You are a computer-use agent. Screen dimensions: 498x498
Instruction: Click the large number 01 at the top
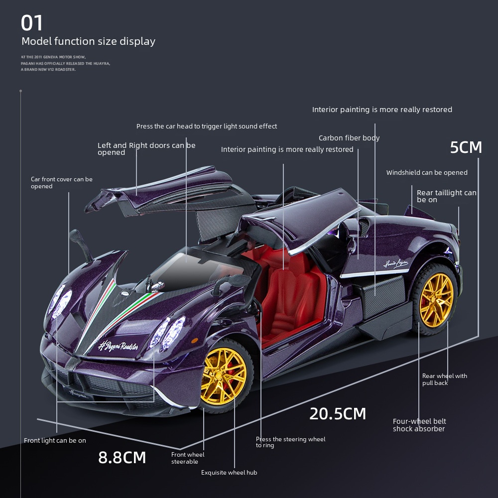(x=32, y=23)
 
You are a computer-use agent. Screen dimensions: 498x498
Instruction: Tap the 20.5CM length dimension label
(x=338, y=414)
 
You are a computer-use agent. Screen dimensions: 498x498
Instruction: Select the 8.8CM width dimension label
(x=122, y=457)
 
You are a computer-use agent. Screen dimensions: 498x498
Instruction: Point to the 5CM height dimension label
(x=466, y=147)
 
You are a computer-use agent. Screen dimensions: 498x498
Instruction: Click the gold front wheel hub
(x=224, y=376)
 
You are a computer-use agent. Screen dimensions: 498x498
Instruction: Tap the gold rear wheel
(x=436, y=300)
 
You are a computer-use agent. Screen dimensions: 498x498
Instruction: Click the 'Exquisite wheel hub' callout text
(x=229, y=473)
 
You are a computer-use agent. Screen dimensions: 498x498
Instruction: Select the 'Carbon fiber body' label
(x=349, y=138)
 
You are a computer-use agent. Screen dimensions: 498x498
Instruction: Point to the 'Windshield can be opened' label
(x=427, y=173)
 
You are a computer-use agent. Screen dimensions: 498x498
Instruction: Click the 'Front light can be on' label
(x=55, y=441)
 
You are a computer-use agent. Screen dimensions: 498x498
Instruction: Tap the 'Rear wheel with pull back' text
(x=445, y=379)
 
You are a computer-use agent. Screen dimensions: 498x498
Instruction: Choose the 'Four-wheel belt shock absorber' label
(x=419, y=425)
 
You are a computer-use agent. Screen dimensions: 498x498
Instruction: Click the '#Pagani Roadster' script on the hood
(x=118, y=346)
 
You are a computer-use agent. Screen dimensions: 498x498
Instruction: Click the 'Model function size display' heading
(x=88, y=41)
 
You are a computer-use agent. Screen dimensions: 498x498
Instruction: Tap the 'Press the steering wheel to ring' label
(x=291, y=442)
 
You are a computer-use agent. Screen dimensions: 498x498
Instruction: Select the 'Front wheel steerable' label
(x=188, y=458)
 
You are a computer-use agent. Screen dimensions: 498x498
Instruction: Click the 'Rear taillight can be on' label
(x=447, y=196)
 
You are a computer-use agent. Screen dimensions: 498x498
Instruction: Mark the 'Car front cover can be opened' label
(x=62, y=183)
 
